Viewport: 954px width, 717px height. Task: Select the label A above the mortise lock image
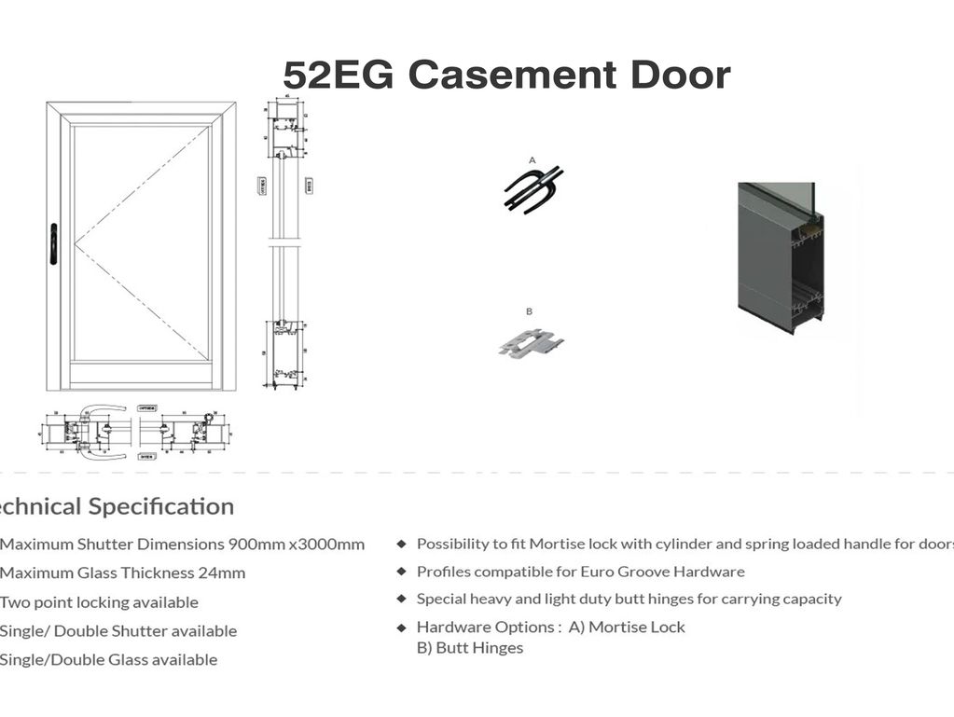(532, 160)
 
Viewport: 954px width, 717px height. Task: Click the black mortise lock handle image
(533, 189)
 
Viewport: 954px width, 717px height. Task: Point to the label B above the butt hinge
(529, 311)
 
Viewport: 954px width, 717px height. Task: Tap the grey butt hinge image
(532, 342)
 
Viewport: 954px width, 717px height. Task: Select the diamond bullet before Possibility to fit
(402, 544)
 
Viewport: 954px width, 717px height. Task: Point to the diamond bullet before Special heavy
(402, 599)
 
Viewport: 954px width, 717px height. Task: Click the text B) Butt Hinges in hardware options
(470, 648)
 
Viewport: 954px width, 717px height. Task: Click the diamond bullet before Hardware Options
(402, 627)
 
